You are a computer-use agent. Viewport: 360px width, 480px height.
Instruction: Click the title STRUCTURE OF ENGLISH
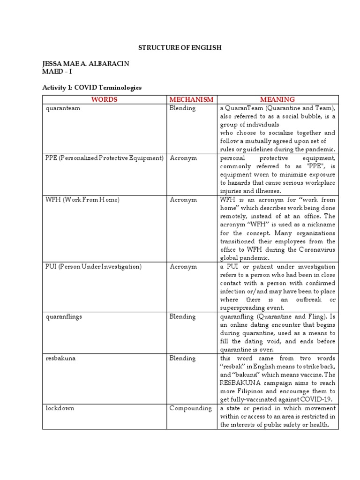179,48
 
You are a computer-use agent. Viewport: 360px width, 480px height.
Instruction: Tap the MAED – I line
54,71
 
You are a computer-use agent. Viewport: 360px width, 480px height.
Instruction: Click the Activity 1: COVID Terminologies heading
92,88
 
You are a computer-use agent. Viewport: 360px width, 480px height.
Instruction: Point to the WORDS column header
104,99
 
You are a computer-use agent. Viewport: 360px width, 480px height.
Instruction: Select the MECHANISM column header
191,99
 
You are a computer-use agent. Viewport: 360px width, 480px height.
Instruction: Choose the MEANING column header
277,99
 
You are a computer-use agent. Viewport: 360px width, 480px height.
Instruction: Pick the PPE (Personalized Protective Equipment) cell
104,158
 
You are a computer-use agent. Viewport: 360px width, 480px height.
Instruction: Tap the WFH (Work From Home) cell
82,200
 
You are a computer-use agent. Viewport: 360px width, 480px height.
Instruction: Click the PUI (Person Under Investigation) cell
93,267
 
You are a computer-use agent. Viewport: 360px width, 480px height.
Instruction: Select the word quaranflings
64,317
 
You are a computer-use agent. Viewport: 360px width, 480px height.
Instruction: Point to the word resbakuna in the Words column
60,359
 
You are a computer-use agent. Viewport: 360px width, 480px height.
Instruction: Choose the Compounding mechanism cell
191,408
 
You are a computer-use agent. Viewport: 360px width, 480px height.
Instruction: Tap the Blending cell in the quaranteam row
183,108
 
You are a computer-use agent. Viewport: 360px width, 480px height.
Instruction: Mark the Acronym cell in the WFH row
183,200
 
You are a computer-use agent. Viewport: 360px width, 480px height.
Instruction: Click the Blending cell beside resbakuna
183,359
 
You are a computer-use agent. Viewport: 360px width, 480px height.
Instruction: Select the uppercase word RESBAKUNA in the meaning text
241,383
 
